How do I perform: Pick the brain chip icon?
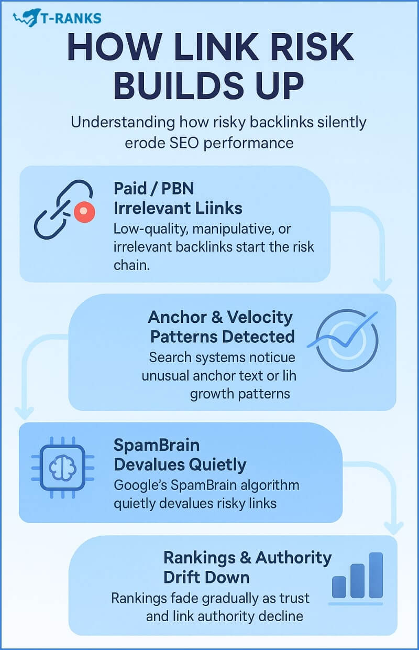[x=63, y=464]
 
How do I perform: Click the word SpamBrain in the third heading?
[x=157, y=445]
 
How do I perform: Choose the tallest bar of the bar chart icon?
[x=376, y=575]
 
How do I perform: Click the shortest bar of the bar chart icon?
[x=339, y=587]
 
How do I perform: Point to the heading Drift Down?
[x=206, y=577]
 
